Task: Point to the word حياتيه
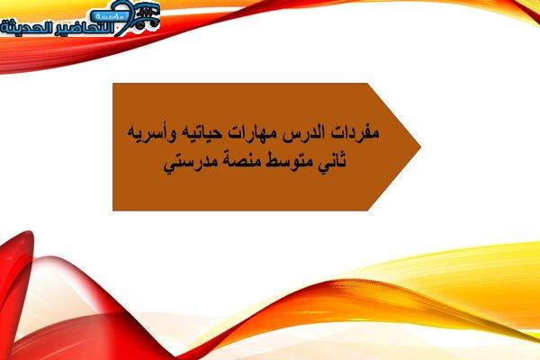pos(196,132)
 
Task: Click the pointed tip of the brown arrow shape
pos(420,147)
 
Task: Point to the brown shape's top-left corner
pos(113,84)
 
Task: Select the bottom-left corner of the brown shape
pos(113,210)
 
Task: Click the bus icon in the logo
pos(147,16)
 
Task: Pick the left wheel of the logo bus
pos(139,25)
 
